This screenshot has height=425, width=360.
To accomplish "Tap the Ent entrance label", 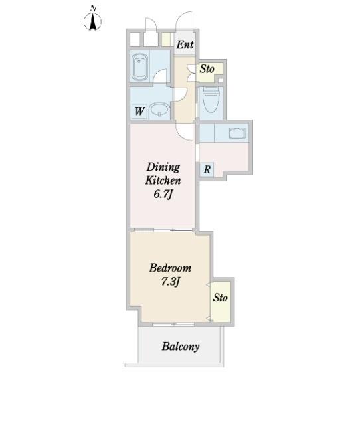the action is click(x=185, y=44).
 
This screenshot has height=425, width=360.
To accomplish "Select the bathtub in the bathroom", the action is click(x=139, y=68).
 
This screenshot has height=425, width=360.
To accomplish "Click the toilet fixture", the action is click(x=211, y=99).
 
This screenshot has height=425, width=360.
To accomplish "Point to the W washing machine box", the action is click(x=139, y=111).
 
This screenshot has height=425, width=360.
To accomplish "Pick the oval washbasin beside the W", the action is click(x=159, y=110).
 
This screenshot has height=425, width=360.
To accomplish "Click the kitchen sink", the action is click(x=238, y=133).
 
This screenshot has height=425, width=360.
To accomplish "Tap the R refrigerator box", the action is click(x=207, y=170).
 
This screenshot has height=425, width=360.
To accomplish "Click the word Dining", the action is click(x=163, y=167).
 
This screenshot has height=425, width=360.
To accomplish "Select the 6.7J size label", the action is click(x=163, y=194).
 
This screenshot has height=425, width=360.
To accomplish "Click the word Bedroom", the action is click(x=170, y=268).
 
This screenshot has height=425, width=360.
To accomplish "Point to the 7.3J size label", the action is click(x=171, y=282).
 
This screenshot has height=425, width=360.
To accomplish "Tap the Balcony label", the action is click(x=181, y=347).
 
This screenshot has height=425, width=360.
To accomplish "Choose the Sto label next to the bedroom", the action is click(x=220, y=297).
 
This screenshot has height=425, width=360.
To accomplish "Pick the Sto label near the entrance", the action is click(x=207, y=69).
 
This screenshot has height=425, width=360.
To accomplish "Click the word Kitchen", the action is click(x=163, y=181).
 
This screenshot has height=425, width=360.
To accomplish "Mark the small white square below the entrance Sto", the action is click(x=221, y=80).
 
